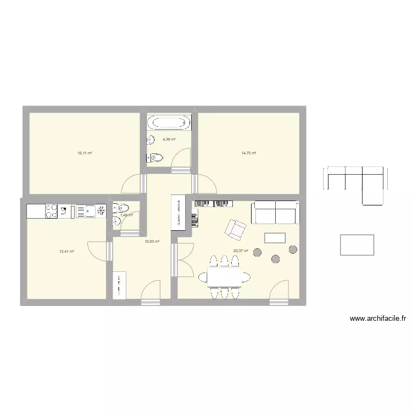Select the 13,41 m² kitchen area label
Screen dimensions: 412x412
66,252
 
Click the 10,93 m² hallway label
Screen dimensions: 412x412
152,241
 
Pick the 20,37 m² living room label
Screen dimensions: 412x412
241,252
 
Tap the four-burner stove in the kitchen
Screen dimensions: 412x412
51,210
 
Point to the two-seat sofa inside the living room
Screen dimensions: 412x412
275,213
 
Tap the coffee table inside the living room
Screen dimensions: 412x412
275,238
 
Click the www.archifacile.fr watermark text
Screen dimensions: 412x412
377,318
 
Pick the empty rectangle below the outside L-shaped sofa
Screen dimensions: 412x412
357,245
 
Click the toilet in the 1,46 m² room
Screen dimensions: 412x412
121,208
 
